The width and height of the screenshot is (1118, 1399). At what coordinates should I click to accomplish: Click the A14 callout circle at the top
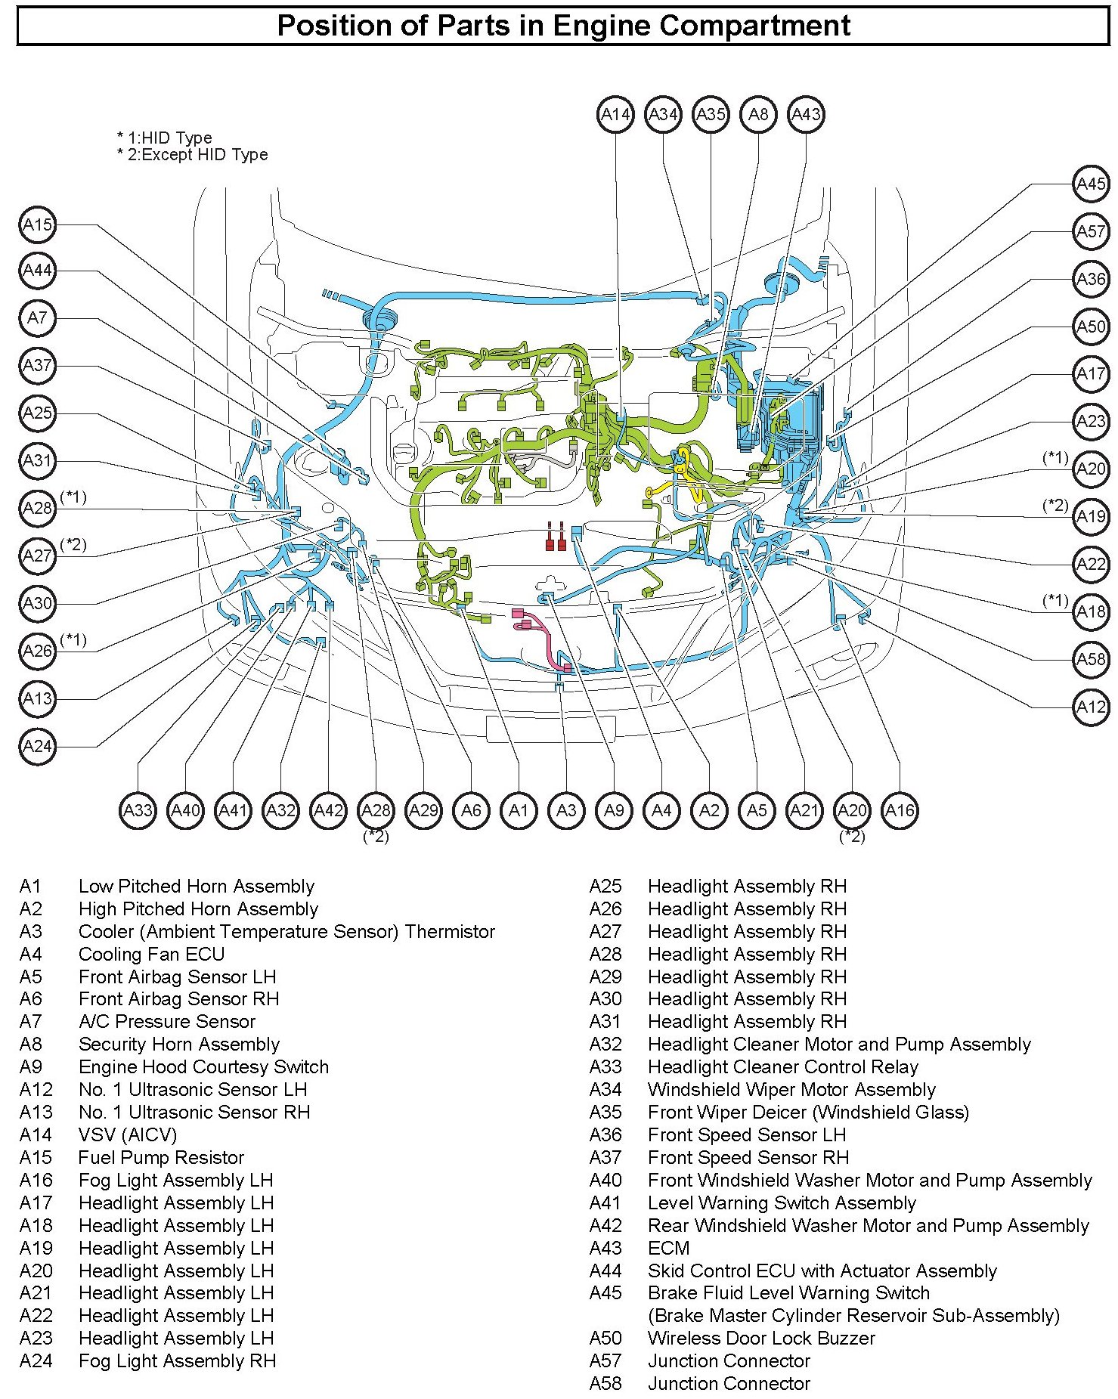(x=615, y=115)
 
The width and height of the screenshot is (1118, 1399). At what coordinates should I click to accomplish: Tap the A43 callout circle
(x=805, y=115)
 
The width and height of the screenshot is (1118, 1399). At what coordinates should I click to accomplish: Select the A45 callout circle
(x=1091, y=184)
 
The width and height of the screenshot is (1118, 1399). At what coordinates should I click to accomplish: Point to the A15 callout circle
(x=37, y=224)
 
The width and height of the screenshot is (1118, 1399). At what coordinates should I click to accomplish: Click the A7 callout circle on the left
(x=37, y=318)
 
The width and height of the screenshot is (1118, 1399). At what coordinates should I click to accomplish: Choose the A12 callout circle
(x=1091, y=707)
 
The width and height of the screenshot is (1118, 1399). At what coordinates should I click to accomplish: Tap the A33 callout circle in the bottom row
(x=138, y=811)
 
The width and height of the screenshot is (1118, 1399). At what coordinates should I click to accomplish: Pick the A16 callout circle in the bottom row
(x=900, y=811)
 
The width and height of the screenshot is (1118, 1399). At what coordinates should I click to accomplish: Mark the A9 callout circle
(x=614, y=811)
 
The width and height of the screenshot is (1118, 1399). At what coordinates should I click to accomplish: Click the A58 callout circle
(x=1091, y=660)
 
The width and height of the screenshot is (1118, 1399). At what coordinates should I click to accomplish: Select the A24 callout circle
(x=37, y=747)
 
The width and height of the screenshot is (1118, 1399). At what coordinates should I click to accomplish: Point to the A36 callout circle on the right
(x=1091, y=280)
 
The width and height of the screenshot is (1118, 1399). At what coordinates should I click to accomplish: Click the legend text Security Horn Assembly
(x=178, y=1045)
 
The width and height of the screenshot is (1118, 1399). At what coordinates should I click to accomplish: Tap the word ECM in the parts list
(x=668, y=1248)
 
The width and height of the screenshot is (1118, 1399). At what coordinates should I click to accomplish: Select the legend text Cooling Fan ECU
(x=151, y=954)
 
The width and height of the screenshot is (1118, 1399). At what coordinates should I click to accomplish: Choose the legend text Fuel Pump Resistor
(x=161, y=1158)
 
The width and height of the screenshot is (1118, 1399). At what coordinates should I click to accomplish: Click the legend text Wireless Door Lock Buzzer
(x=761, y=1339)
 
